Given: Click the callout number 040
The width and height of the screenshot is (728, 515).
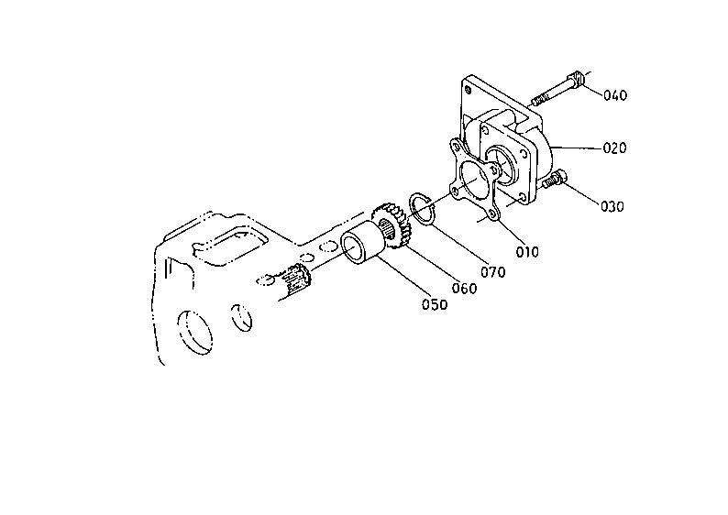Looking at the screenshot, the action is coord(615,95).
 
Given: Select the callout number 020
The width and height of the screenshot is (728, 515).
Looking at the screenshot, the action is coord(614,148).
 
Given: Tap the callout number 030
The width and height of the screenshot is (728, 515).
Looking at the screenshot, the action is coord(612,206).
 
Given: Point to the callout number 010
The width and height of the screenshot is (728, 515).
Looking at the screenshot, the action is coord(527,252).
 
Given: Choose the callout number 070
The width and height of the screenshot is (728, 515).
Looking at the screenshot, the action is coord(493,272).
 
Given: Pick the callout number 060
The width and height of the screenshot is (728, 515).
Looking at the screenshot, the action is coord(464,288).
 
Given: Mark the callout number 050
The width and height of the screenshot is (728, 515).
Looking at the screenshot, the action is coord(435,304).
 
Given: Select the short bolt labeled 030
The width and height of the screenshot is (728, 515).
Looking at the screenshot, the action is coord(555,179).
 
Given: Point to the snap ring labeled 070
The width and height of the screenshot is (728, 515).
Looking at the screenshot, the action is coord(422,210).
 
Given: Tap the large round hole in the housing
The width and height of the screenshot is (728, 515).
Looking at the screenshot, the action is coord(194,333).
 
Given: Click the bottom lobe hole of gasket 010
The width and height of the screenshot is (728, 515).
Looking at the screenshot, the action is coord(491,214).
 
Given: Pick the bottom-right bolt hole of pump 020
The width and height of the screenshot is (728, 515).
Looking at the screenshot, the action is coord(524,198).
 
